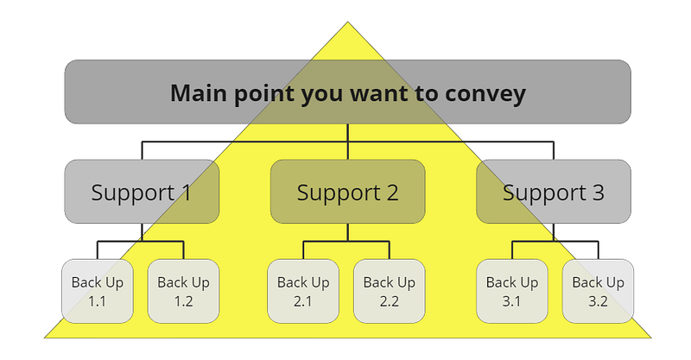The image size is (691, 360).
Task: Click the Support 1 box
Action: click(142, 192)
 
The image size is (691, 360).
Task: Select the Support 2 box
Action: click(348, 192)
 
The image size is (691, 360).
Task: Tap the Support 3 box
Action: click(554, 192)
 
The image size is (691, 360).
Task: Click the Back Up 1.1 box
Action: click(98, 291)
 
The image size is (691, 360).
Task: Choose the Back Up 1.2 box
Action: click(183, 291)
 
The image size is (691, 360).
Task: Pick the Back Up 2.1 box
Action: click(303, 291)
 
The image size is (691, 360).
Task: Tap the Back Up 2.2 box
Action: click(390, 291)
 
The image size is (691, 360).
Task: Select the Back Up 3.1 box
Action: click(512, 291)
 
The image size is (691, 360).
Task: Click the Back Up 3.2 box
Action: click(598, 291)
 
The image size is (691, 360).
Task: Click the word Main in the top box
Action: click(199, 93)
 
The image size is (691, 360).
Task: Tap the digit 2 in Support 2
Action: click(391, 193)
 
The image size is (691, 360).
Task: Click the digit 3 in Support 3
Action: click(597, 193)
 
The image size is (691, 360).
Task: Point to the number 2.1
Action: click(303, 301)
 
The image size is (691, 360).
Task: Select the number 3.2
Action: click(598, 301)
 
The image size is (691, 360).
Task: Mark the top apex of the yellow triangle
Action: click(348, 22)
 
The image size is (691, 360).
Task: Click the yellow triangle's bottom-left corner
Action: click(45, 338)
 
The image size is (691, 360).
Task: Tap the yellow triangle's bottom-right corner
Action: click(651, 338)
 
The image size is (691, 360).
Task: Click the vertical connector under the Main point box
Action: click(348, 142)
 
